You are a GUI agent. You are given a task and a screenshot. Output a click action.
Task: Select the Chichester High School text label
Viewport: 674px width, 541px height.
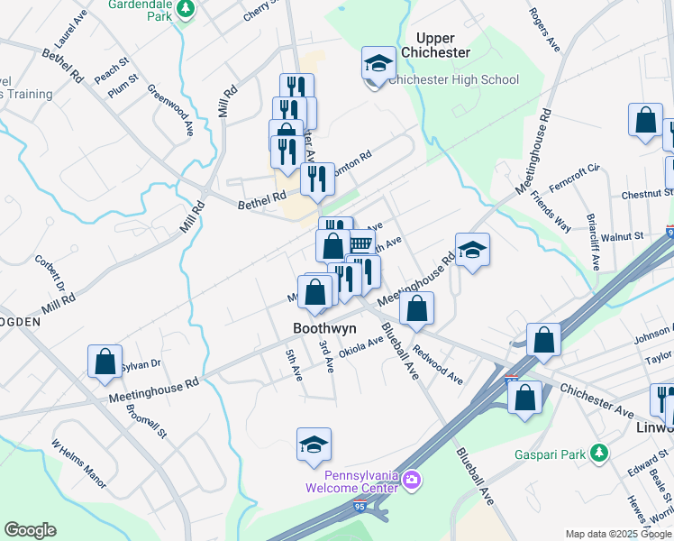(454, 79)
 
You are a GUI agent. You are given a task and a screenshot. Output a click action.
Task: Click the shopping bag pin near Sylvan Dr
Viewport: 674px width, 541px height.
(105, 361)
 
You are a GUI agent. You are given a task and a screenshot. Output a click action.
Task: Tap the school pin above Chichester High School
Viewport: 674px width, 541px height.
(378, 63)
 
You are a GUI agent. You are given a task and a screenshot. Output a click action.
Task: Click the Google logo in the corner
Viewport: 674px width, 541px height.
(30, 530)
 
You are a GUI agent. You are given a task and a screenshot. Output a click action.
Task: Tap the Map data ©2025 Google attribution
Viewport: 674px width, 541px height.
(618, 534)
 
